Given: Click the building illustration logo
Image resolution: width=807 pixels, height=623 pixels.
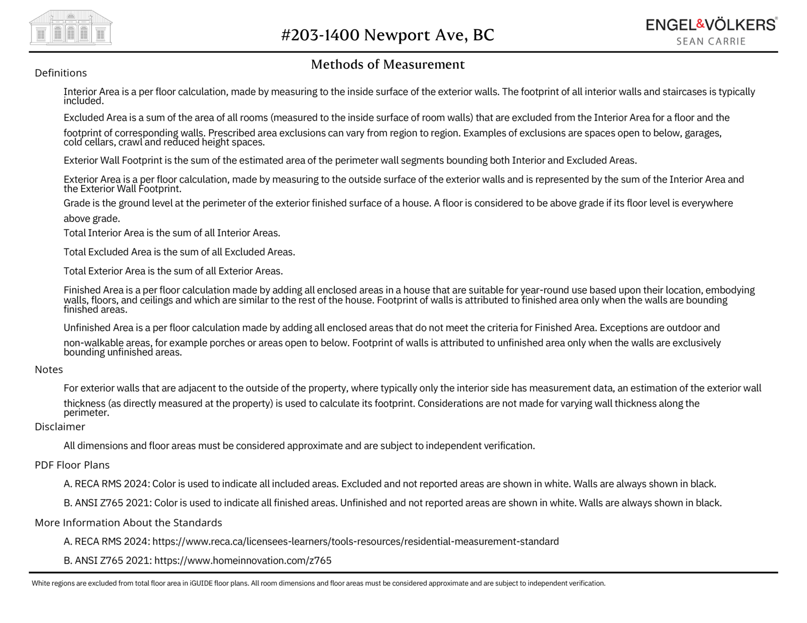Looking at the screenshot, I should point(71,28).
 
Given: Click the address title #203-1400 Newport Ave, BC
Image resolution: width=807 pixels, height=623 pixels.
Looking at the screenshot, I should point(387,35).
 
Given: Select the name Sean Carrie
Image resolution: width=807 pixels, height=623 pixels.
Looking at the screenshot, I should point(711,41).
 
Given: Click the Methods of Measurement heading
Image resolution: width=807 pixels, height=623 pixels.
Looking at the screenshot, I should point(387,65).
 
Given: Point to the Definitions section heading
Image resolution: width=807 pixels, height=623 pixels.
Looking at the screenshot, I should point(61,73).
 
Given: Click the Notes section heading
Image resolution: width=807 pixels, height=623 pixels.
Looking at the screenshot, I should point(49,369).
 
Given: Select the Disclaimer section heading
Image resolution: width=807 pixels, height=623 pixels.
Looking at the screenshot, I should point(60,427).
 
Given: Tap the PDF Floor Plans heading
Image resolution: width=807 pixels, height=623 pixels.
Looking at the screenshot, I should point(72,465).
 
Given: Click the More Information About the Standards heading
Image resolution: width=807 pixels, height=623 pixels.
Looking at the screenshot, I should point(128,523).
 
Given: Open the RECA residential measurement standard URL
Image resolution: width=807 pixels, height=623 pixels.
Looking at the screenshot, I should point(355,542).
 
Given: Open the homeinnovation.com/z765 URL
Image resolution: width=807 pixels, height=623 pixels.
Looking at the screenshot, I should point(243,560).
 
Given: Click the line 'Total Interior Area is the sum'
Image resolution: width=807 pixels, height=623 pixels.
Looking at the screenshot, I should point(171,233).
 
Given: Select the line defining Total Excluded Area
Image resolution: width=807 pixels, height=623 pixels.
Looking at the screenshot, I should point(179,252).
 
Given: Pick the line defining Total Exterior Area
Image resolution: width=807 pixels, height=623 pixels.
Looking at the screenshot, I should point(173,271).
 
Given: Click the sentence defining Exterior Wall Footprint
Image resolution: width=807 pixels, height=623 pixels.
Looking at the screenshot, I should point(350,161).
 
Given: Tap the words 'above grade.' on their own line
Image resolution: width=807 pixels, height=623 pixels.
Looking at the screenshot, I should point(92,219).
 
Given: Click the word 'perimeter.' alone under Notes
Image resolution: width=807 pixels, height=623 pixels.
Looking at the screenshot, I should point(86,413).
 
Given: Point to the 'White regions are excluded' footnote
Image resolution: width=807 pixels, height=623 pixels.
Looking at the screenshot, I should point(318,584).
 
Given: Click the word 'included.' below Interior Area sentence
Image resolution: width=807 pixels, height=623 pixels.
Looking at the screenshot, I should point(84,101).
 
